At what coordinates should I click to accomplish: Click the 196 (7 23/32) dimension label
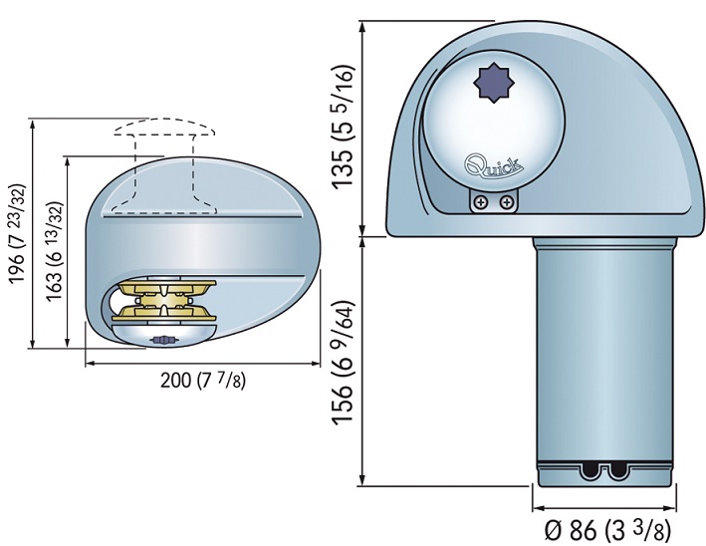[x=17, y=233]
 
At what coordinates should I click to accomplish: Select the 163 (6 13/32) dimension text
[x=54, y=251]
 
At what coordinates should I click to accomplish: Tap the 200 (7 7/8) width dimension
[x=203, y=381]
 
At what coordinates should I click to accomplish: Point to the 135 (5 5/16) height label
[x=344, y=127]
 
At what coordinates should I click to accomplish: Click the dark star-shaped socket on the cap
[x=494, y=84]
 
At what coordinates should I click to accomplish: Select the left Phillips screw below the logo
[x=481, y=202]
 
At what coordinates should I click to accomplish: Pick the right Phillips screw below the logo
[x=507, y=202]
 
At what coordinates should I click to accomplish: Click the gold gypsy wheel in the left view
[x=164, y=300]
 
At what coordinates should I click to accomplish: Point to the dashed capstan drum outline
[x=164, y=166]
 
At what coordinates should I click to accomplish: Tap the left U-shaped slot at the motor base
[x=591, y=470]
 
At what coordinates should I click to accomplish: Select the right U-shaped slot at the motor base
[x=616, y=470]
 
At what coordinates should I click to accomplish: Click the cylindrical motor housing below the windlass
[x=603, y=362]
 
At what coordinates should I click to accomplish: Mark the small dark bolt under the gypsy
[x=162, y=340]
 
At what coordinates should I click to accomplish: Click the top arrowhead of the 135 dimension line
[x=363, y=26]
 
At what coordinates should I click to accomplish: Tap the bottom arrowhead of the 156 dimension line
[x=363, y=480]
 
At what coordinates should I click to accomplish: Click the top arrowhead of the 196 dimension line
[x=32, y=125]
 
